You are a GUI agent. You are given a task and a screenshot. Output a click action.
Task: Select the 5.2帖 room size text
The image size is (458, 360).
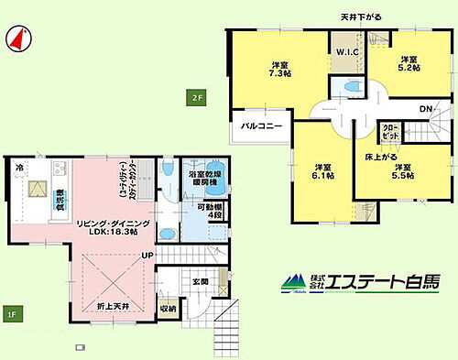click(x=408, y=65)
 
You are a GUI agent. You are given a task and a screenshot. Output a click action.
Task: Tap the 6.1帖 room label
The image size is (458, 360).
click(x=322, y=172)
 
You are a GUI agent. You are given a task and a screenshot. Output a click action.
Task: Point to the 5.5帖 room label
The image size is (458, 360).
click(x=404, y=172)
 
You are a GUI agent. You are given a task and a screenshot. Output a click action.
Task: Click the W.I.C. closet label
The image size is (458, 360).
click(x=347, y=52)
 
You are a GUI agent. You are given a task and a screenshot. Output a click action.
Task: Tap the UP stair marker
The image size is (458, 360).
click(x=147, y=255)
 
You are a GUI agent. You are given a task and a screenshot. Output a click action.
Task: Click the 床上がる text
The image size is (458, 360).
click(x=379, y=157)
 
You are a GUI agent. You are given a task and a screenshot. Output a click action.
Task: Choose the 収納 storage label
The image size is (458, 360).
click(x=168, y=309)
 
